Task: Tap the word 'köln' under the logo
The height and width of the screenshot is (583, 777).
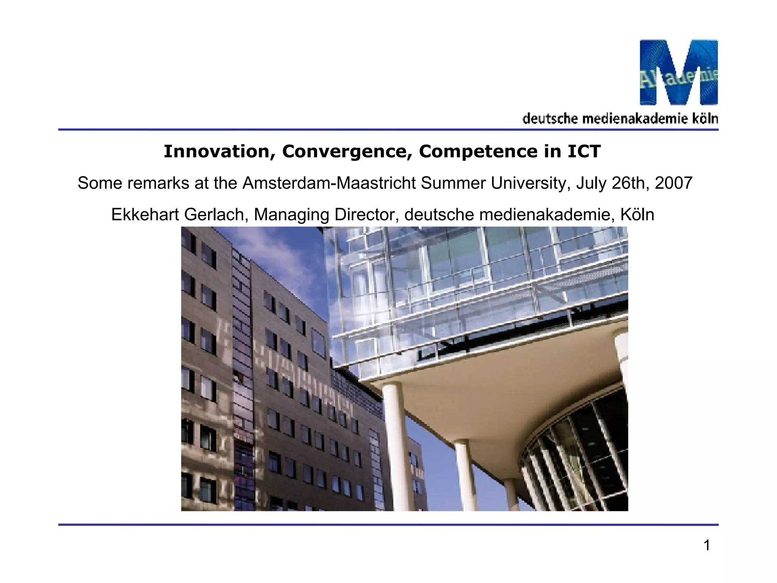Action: pyautogui.click(x=705, y=119)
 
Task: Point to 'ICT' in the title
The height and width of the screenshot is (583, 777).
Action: pyautogui.click(x=584, y=151)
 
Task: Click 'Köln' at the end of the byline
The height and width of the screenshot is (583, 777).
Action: pyautogui.click(x=637, y=214)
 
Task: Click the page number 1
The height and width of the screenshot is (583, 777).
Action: pyautogui.click(x=707, y=545)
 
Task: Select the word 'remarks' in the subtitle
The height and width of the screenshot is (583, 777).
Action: pyautogui.click(x=158, y=183)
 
